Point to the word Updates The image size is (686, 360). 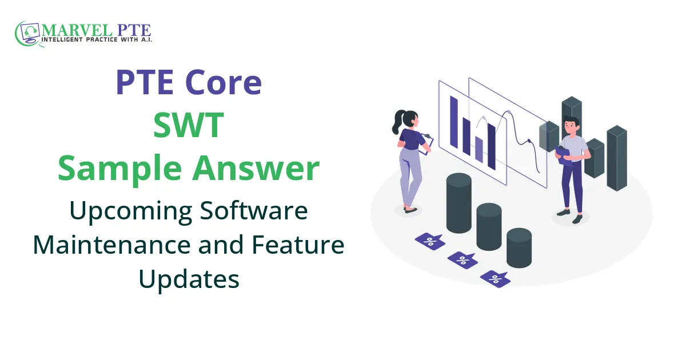[x=189, y=279]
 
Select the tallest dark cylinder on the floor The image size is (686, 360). [x=458, y=203]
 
